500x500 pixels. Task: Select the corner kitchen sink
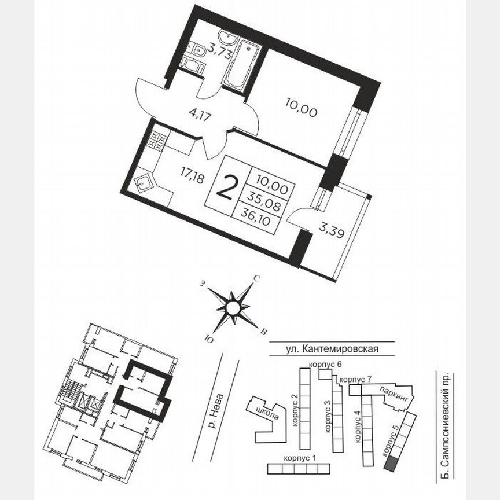[x=144, y=185]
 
